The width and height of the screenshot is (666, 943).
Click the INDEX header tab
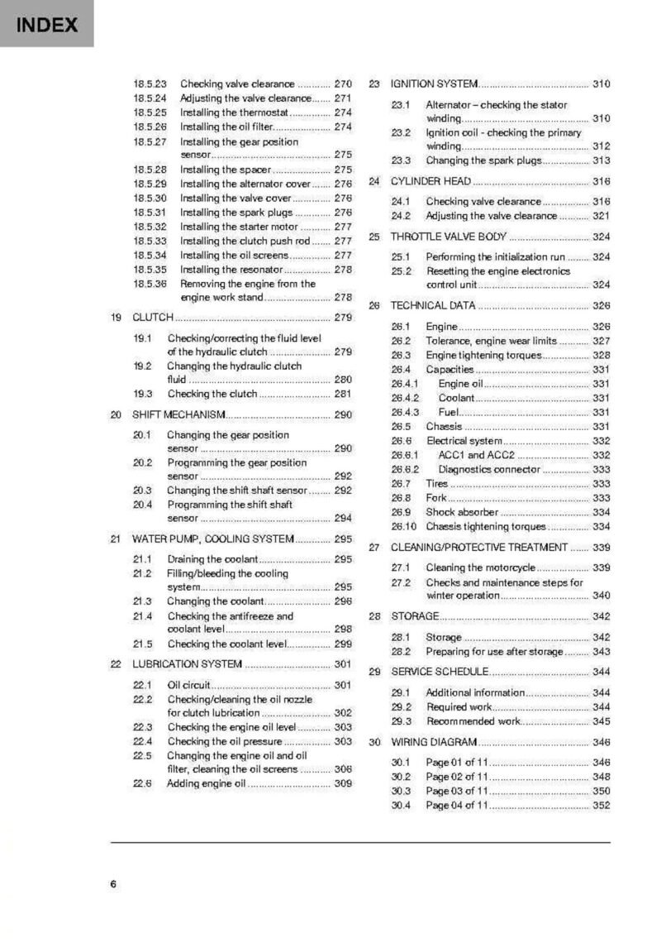(x=47, y=25)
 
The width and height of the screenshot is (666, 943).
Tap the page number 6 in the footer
(x=113, y=883)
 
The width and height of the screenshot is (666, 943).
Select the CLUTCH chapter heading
(x=153, y=317)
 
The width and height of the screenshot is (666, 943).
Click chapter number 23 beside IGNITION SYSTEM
(x=373, y=84)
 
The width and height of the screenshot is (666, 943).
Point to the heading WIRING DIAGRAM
(x=434, y=742)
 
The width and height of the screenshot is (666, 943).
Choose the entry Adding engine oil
(x=207, y=783)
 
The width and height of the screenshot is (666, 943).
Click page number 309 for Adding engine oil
(x=343, y=783)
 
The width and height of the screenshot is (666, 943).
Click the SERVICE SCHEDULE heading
(x=438, y=672)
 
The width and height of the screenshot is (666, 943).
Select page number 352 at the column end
(x=601, y=805)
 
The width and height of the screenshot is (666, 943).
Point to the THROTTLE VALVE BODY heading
(x=449, y=237)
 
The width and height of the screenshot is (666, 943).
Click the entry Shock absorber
(x=462, y=512)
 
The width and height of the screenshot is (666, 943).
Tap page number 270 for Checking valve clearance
(x=343, y=84)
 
